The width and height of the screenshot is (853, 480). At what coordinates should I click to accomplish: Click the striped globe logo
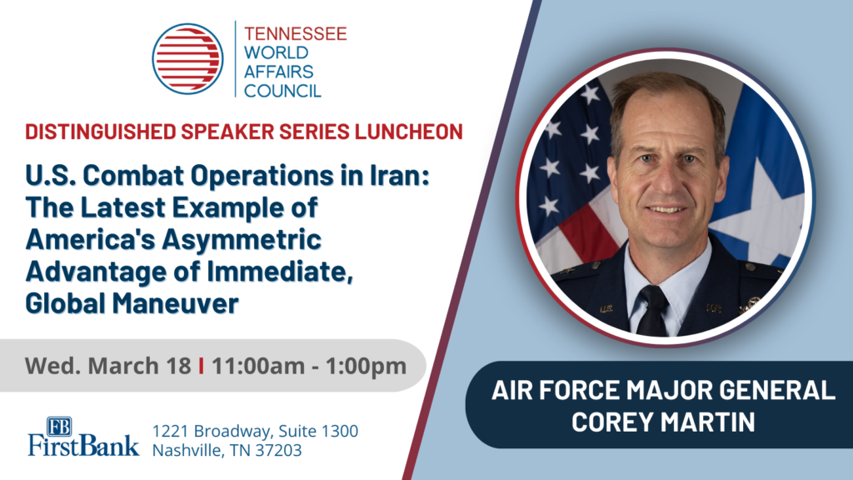tap(187, 58)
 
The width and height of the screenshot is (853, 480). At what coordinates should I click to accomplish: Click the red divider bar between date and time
tap(202, 365)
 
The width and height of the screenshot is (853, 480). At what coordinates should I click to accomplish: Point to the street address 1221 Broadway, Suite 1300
tap(255, 431)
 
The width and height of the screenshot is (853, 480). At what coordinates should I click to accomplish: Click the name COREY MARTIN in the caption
tap(663, 420)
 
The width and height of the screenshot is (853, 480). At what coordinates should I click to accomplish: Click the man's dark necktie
tap(651, 309)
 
